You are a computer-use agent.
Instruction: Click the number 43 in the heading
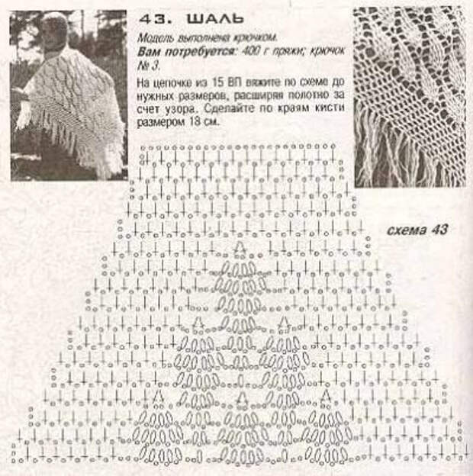tap(151, 19)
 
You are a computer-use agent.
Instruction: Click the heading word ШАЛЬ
tap(215, 19)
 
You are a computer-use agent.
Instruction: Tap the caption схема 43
tap(417, 230)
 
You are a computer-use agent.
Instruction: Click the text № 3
tap(149, 66)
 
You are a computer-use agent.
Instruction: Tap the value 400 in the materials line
tap(248, 52)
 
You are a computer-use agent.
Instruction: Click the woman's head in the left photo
tap(53, 27)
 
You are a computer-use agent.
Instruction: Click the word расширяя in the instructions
tap(259, 95)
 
